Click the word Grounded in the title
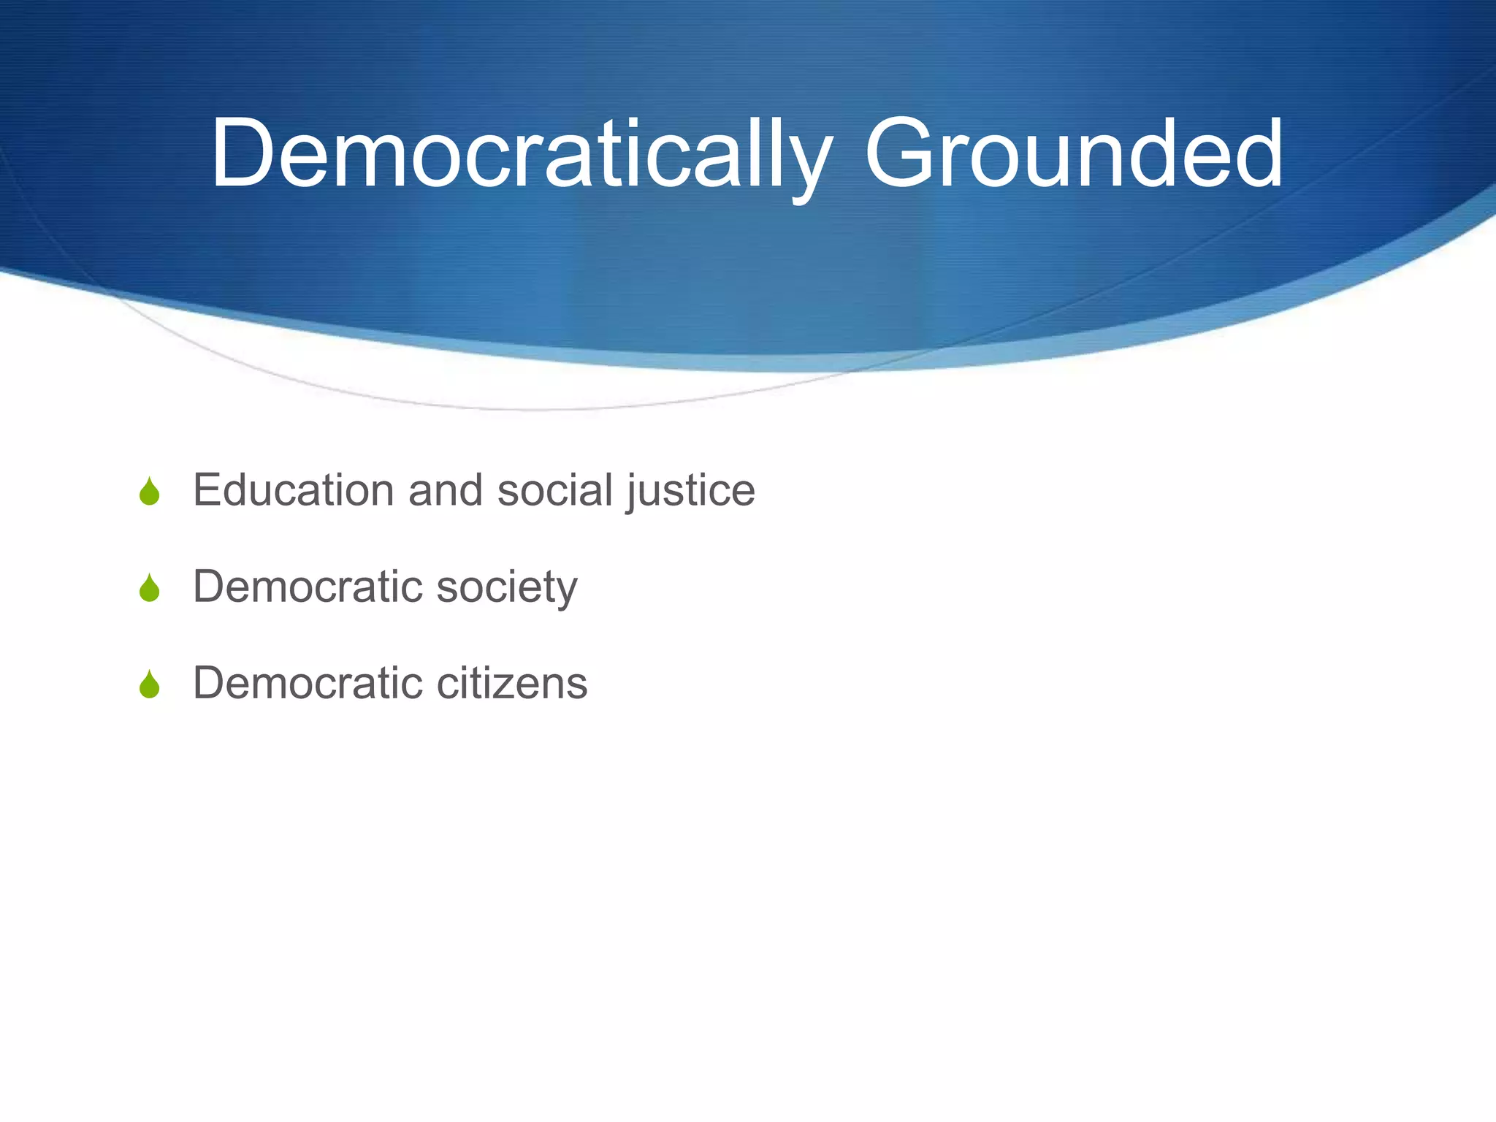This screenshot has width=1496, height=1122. coord(1073,155)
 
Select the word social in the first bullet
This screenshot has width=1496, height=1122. coord(554,489)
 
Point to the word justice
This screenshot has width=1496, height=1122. coord(690,491)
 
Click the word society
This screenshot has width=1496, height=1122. coord(506,587)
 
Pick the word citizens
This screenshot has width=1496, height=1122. coord(511,683)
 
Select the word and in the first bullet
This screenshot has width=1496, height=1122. coord(446,489)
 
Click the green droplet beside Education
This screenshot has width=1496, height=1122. coord(150,492)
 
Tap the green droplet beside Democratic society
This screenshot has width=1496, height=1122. coord(150,588)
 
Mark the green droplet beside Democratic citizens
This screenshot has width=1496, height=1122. coord(150,685)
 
